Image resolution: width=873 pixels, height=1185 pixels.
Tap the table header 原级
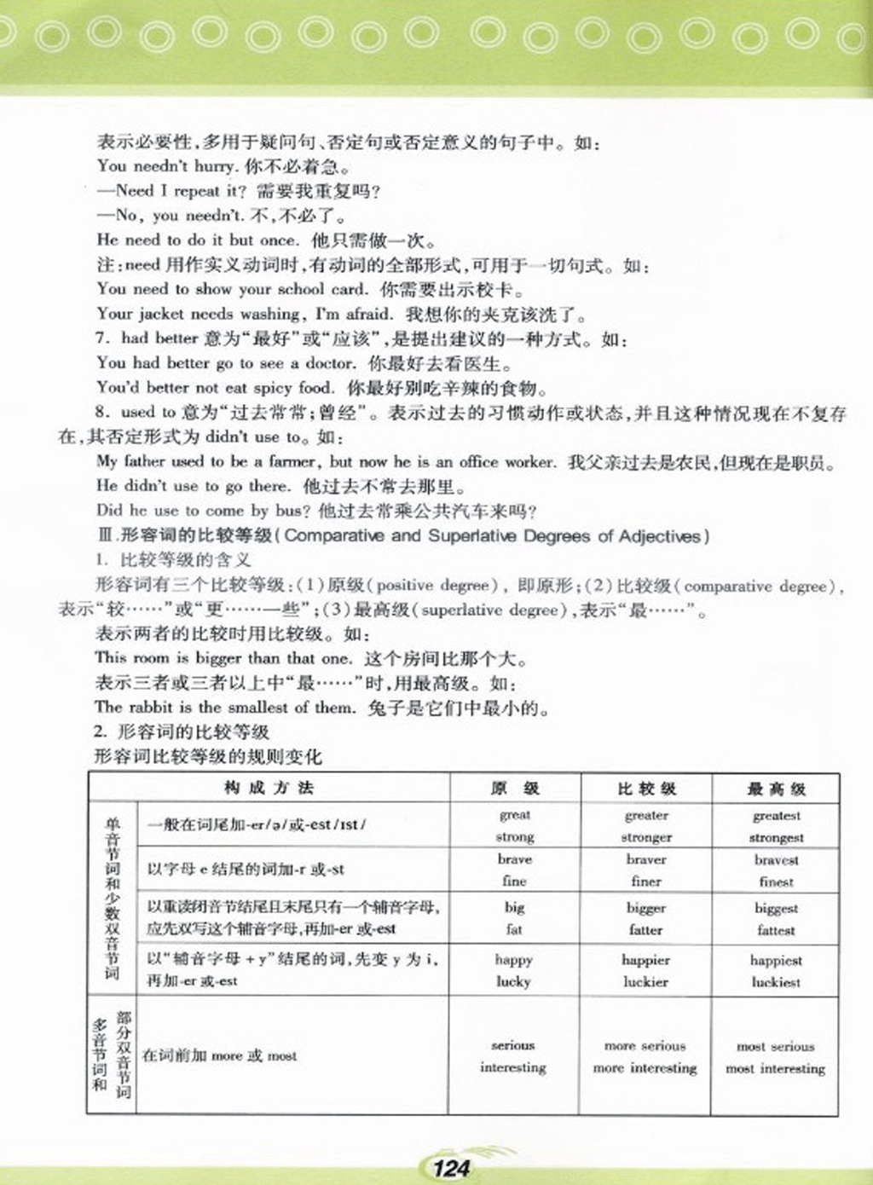click(515, 788)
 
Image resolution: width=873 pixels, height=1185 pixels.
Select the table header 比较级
click(646, 789)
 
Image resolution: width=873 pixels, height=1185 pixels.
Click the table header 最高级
click(776, 789)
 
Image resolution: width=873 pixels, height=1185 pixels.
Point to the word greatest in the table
click(776, 816)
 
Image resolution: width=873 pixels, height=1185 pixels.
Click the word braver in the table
click(646, 859)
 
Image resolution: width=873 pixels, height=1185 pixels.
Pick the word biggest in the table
click(776, 908)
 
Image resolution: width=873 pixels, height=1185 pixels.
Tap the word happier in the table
click(645, 960)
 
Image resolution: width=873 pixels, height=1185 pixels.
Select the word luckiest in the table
click(776, 982)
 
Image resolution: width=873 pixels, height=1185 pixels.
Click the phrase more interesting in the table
click(645, 1068)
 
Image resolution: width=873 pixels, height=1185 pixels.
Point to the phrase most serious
click(775, 1046)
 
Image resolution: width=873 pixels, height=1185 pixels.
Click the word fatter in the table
click(645, 930)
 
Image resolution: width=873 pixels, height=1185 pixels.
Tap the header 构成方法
click(269, 788)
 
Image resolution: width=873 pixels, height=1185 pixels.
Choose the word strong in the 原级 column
click(514, 837)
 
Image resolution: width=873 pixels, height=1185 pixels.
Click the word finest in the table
click(776, 882)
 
